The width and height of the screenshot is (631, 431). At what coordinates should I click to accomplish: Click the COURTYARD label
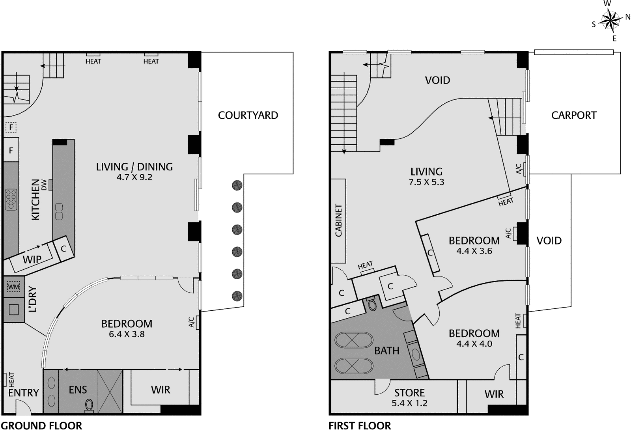[248, 115]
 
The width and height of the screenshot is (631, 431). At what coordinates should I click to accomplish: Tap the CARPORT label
[574, 115]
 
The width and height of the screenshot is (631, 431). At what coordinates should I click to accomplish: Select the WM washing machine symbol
[13, 287]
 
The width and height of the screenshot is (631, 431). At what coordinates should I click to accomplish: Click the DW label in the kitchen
[44, 185]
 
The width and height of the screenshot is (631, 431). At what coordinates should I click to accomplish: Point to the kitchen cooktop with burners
[11, 199]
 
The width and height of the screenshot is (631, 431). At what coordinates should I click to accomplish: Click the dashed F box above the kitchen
[11, 127]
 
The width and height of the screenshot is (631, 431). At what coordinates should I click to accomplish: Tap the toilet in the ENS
[89, 405]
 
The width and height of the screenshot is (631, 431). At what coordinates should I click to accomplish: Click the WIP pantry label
[32, 259]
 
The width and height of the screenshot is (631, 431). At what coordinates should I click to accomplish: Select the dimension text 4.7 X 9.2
[134, 177]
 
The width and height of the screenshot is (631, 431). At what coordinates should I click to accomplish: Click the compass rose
[610, 21]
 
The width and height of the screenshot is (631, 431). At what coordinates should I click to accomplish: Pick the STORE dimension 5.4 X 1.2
[409, 403]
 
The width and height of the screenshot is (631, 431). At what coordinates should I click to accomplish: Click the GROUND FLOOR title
[41, 425]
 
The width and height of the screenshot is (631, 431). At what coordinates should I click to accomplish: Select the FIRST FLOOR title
[360, 425]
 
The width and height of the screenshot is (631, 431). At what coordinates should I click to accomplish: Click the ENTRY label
[24, 393]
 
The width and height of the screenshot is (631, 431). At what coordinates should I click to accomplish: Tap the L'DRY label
[33, 300]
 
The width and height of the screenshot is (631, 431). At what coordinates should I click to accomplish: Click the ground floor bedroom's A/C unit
[197, 322]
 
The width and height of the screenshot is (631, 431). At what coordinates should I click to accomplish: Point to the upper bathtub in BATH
[353, 340]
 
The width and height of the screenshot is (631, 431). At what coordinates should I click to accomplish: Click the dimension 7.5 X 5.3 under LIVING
[426, 182]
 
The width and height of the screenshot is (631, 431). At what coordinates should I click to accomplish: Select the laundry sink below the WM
[13, 310]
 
